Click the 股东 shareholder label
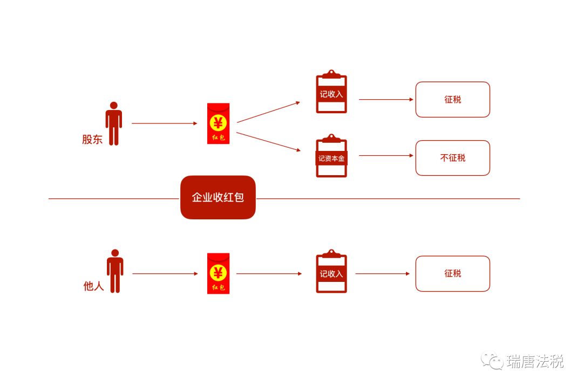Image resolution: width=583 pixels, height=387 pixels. tap(92, 139)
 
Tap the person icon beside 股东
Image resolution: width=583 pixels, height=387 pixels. tap(113, 123)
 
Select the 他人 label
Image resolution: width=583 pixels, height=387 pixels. tap(93, 286)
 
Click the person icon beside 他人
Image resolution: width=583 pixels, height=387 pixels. tap(114, 271)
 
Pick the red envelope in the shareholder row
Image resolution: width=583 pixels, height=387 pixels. tap(218, 123)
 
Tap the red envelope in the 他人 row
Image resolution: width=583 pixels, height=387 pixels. tap(218, 273)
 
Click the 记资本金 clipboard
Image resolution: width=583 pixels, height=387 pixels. tap(331, 158)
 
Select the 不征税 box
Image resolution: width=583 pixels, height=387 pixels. tap(452, 158)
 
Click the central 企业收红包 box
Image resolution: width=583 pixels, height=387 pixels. tap(218, 197)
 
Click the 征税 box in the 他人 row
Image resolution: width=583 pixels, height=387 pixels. tap(452, 273)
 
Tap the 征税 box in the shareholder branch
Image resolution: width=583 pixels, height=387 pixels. tap(452, 99)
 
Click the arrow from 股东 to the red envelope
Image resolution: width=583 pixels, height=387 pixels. tap(164, 123)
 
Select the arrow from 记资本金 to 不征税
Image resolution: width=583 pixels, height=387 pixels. tap(386, 156)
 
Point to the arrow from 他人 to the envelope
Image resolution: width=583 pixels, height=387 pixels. tap(165, 274)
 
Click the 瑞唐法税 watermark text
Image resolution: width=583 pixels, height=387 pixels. tap(535, 362)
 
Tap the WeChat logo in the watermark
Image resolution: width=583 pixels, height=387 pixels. tap(492, 361)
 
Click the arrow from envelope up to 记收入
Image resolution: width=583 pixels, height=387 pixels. tap(268, 112)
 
